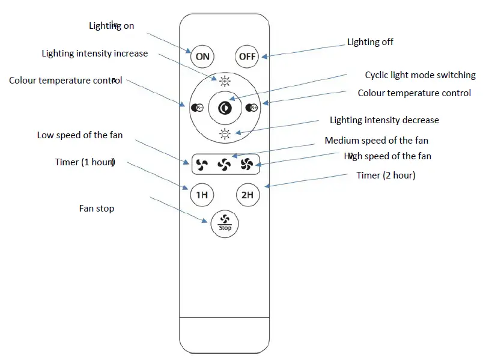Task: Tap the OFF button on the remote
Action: pos(247,56)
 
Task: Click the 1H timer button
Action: pos(202,195)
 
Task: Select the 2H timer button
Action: pos(247,195)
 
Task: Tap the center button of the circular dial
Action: pos(225,108)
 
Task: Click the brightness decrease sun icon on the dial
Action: pos(225,134)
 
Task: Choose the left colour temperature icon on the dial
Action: pos(196,108)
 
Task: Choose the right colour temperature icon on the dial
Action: pos(252,108)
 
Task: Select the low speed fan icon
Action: pos(202,163)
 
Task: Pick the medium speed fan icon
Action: pos(224,163)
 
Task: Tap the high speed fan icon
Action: pos(247,163)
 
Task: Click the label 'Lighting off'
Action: pos(370,42)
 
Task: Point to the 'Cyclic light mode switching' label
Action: pos(420,75)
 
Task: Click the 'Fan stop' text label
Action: pos(96,209)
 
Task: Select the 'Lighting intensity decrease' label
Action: pos(384,120)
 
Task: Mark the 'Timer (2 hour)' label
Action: pos(386,175)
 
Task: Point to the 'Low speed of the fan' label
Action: pos(79,135)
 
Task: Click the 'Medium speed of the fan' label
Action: pos(376,141)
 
